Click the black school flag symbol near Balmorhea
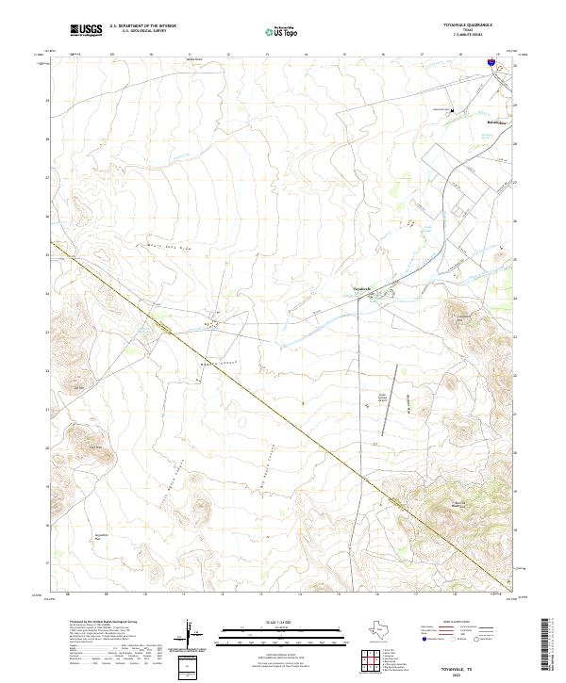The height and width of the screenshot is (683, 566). [452, 110]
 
